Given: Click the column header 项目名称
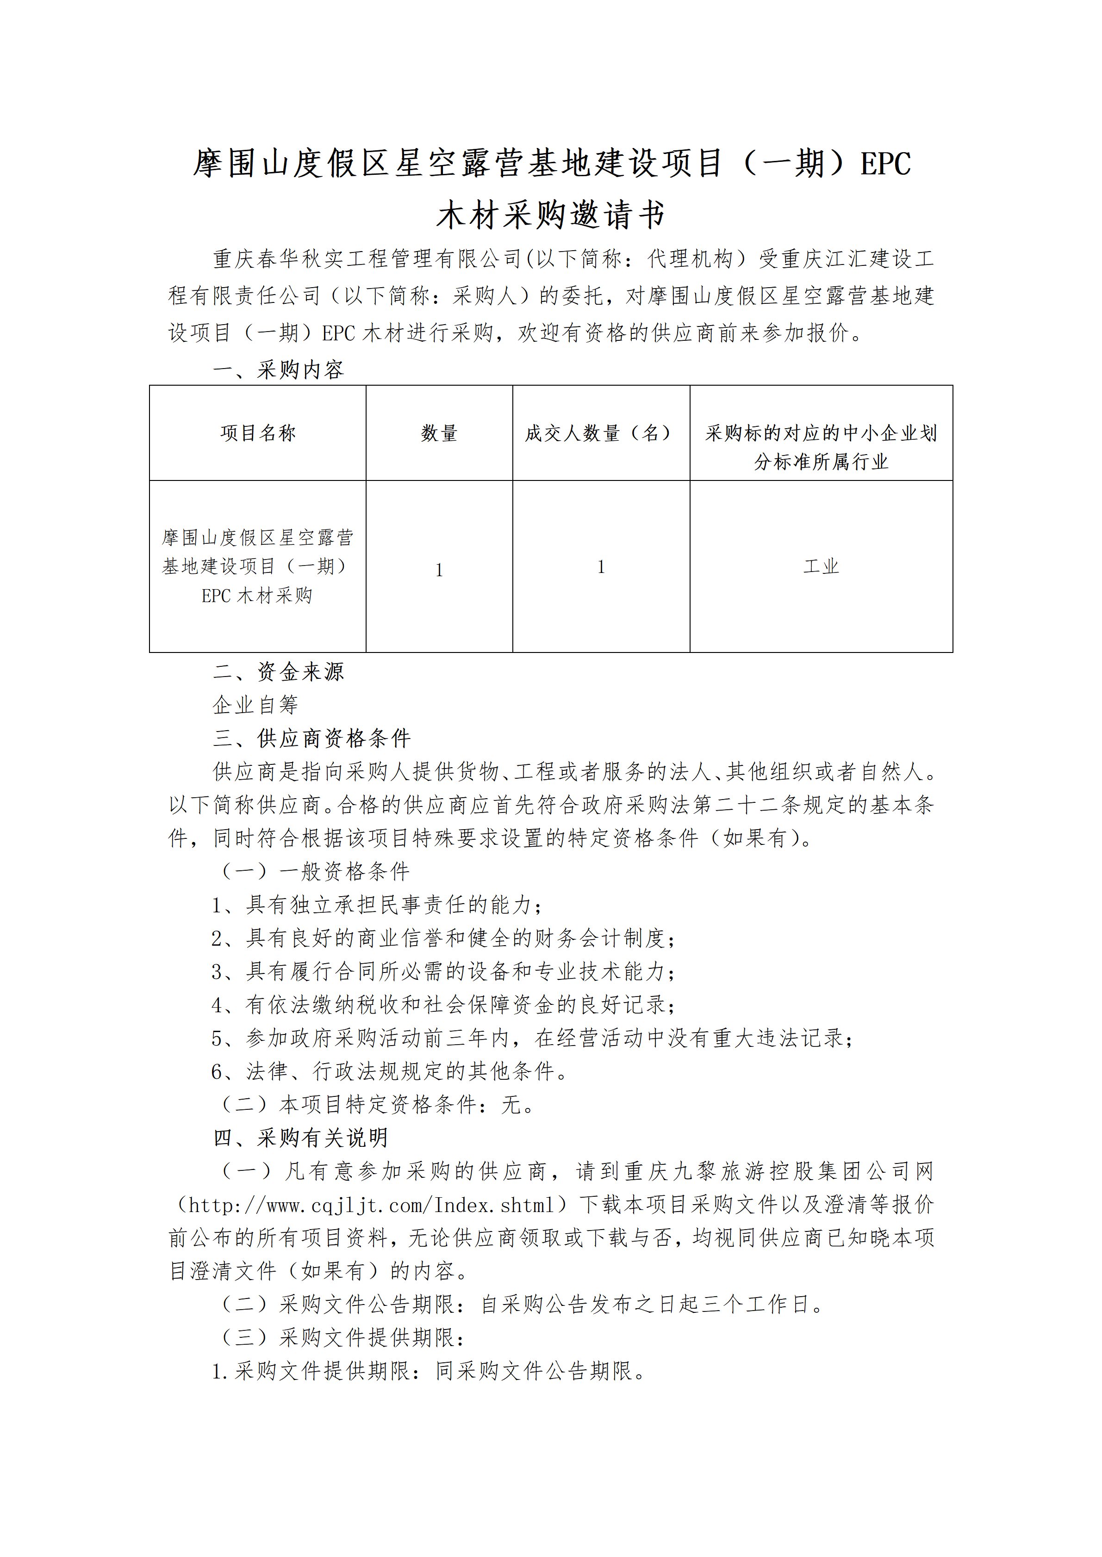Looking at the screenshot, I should [258, 433].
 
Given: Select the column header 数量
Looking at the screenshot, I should [439, 433].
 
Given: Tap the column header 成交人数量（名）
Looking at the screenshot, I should [601, 433].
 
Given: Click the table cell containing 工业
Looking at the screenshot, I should [821, 566].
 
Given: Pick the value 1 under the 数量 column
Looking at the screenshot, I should [439, 570].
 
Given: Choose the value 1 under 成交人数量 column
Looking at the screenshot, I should [601, 567].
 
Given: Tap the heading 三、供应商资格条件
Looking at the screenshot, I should [312, 738].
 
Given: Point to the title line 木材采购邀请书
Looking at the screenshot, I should [550, 215].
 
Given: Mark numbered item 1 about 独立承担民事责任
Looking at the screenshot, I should [377, 905].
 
